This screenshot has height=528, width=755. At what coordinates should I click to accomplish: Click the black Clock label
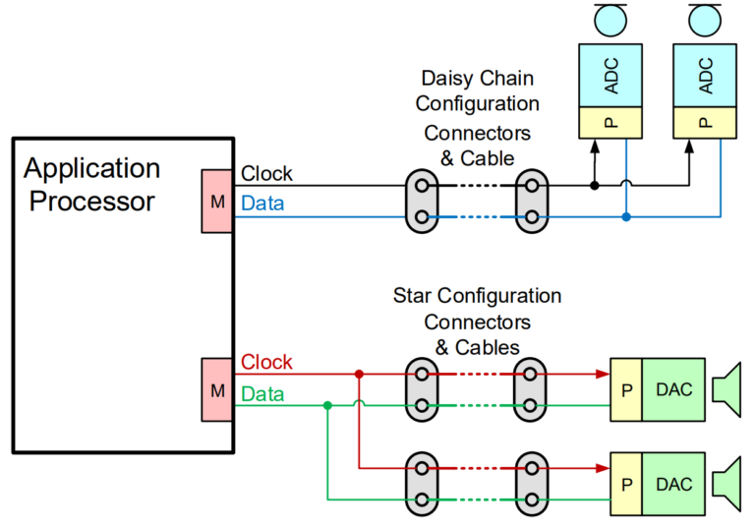(266, 173)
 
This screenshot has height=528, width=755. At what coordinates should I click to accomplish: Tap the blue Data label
(262, 204)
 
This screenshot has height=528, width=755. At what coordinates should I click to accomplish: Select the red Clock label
(266, 362)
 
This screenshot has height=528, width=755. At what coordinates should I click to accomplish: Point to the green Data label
(262, 394)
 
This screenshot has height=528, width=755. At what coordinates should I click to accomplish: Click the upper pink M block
(217, 201)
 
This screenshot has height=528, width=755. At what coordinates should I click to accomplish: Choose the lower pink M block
(217, 389)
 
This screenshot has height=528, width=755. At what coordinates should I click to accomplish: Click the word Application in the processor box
(92, 168)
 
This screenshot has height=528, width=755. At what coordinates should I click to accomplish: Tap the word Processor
(92, 201)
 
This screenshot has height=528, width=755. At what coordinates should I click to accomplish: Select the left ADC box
(610, 75)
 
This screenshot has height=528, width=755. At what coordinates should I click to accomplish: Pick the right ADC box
(705, 75)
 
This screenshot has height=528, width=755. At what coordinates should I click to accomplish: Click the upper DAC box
(673, 389)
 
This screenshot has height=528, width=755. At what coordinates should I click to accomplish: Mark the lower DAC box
(673, 484)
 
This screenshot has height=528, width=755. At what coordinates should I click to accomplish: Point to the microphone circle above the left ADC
(610, 21)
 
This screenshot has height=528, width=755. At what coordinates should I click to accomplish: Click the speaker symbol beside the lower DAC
(727, 484)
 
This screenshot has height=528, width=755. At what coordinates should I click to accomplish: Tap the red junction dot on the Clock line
(359, 374)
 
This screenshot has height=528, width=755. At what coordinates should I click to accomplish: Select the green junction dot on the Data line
(328, 406)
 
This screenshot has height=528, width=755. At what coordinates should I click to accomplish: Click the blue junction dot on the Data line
(626, 216)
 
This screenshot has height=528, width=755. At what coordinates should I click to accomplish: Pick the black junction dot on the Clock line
(595, 186)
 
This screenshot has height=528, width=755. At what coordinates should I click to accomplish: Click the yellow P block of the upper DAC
(626, 389)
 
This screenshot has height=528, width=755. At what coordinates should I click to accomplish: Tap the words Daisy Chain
(477, 79)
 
